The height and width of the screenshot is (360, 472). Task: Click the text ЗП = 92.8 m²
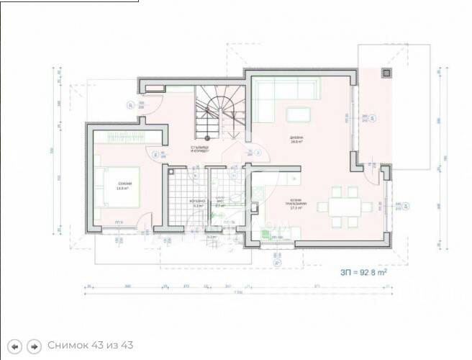pos(364,273)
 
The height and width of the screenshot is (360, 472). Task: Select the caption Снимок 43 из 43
pos(90,346)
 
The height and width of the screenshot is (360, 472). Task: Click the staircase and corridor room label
pos(199,150)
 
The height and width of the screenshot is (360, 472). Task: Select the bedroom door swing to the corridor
pos(155,152)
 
